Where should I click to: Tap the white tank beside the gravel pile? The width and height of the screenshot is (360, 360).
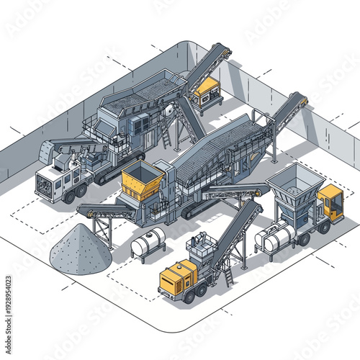148,246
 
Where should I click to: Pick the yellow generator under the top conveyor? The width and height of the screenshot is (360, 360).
206,89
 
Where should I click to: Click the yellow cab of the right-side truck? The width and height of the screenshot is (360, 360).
330,201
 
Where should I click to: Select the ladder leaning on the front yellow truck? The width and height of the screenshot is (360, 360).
228,274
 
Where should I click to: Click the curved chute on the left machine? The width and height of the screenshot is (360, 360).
49,151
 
